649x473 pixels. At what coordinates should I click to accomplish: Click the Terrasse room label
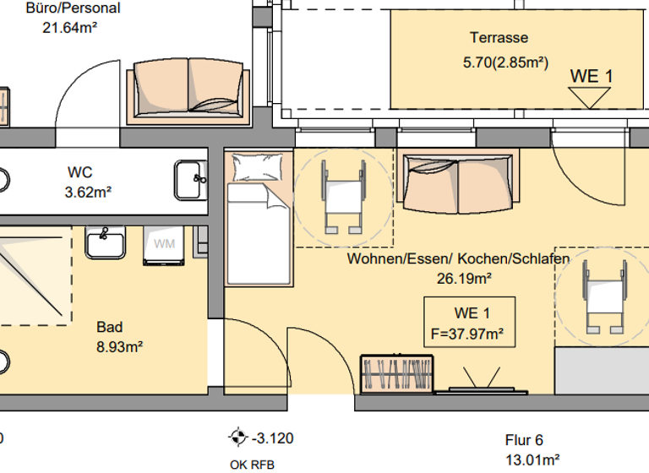(499, 38)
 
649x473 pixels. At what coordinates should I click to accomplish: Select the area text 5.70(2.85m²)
(505, 63)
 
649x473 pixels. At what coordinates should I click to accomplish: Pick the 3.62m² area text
(88, 193)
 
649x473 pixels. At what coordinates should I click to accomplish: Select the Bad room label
(109, 327)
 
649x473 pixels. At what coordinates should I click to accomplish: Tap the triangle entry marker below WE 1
(590, 97)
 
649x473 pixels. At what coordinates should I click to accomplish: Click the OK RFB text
(252, 464)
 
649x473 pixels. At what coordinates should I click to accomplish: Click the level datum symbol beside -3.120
(237, 438)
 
